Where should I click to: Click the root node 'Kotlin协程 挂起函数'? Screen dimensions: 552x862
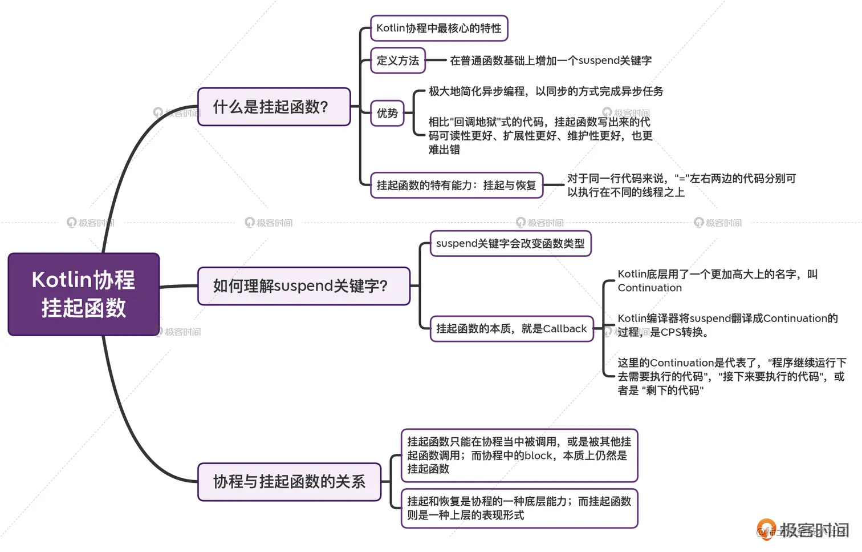pos(83,294)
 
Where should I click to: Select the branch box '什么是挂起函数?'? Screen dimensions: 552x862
pos(274,107)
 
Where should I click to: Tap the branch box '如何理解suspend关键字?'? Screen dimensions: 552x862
pos(303,286)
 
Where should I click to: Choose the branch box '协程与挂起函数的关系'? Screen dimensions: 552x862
pos(289,482)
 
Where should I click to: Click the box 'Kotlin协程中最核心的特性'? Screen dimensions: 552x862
pos(438,28)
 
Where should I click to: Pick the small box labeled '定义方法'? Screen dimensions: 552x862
pos(398,61)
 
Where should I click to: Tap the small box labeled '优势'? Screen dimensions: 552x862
pos(387,113)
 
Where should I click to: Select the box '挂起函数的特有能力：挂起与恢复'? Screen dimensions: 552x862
pos(456,185)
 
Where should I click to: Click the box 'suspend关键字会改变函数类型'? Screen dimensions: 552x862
pos(510,244)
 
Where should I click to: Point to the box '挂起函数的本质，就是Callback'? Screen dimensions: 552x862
pos(511,329)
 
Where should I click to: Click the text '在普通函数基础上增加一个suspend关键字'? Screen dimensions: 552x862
pos(551,61)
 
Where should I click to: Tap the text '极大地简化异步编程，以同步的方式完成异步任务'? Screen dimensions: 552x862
pos(546,91)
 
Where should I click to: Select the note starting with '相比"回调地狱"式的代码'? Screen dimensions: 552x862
pos(540,136)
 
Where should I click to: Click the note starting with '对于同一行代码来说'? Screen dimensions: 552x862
pos(681,186)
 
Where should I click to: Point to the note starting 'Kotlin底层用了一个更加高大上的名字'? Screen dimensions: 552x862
pos(717,281)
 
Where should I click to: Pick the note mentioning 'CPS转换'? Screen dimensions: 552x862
pos(727,325)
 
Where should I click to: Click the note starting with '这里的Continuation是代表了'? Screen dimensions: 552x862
pos(731,377)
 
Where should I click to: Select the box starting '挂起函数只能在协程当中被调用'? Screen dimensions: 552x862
pos(519,456)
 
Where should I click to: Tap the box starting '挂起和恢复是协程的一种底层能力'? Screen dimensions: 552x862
pos(519,508)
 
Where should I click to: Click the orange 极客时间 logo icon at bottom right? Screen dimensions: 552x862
pos(766,529)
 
